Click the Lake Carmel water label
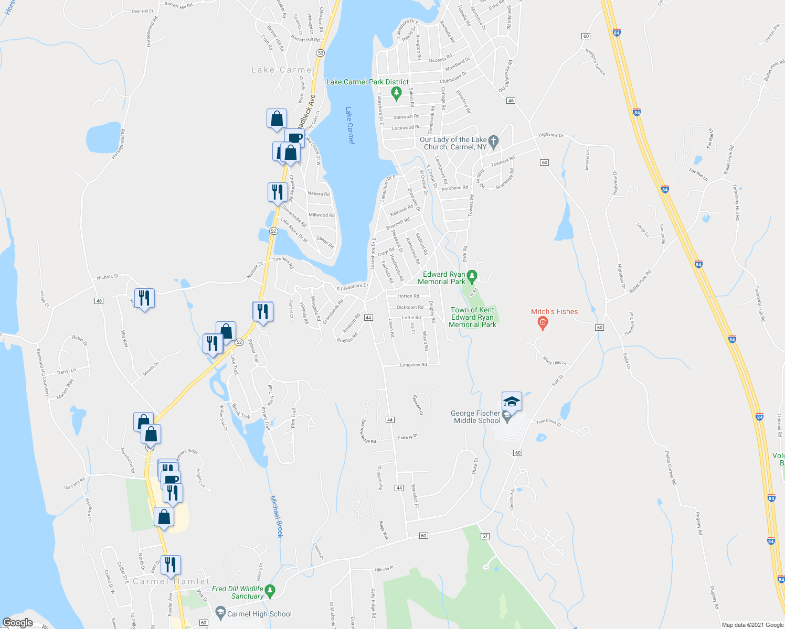pos(350,126)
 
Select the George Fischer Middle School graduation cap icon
pos(512,402)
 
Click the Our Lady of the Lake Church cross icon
pos(493,141)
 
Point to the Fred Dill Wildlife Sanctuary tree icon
pos(270,592)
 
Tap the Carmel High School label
pos(259,614)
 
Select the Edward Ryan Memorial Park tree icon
pos(472,275)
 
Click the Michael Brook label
pos(277,516)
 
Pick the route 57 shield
pos(484,536)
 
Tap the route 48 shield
pos(99,301)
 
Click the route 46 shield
pos(511,101)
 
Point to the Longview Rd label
pos(413,365)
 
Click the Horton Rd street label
pos(408,296)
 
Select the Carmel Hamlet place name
pos(171,581)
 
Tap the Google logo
pos(17,623)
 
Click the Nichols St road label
pos(108,277)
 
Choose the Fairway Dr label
pos(408,437)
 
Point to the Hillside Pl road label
pos(384,568)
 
